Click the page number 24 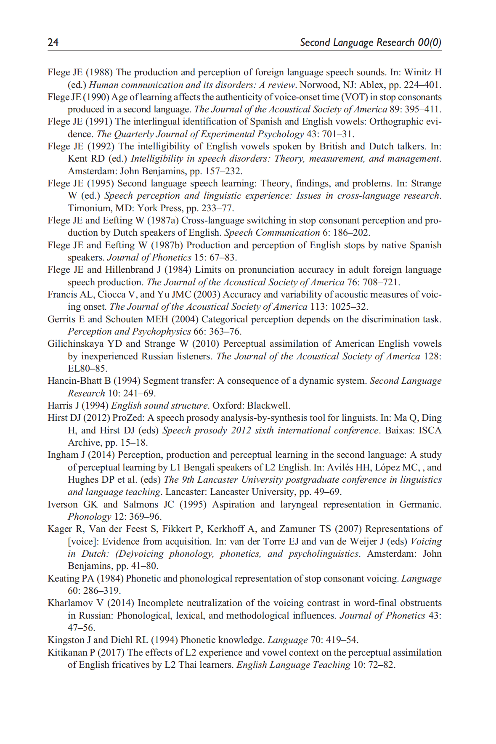pyautogui.click(x=53, y=42)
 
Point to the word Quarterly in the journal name pyautogui.click(x=134, y=134)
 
